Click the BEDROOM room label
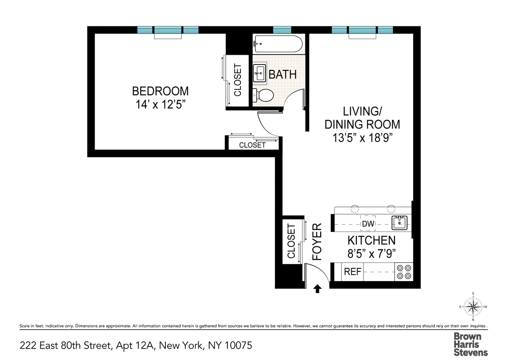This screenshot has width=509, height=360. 160,91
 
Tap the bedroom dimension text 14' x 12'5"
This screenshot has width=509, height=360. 160,105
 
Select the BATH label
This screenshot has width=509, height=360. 282,75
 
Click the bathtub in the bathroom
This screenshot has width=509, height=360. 278,43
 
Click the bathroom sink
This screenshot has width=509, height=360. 259,73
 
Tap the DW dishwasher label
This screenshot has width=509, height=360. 368,223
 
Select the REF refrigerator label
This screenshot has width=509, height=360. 352,272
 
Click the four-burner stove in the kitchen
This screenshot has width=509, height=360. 403,272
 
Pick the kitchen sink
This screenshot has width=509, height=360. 399,222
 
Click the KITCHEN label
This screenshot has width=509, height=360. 371,240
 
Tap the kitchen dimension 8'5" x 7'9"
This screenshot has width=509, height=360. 371,254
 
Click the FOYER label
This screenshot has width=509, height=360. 317,241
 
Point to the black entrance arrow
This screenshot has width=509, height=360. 317,289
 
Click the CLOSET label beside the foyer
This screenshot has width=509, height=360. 291,241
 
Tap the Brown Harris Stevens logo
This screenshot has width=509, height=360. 471,344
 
